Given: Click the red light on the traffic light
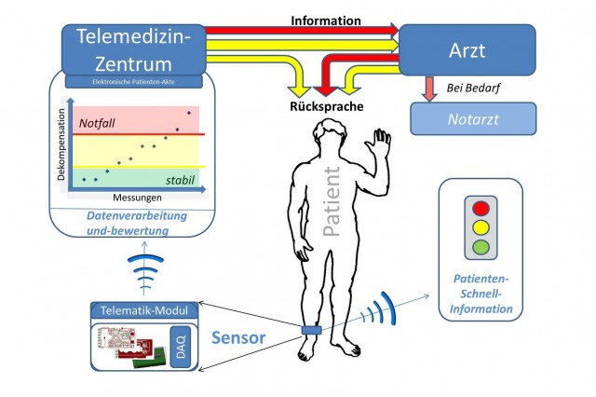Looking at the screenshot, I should (x=481, y=208).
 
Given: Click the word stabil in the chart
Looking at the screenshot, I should (x=181, y=179).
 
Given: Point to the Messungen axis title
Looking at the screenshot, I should (x=137, y=198).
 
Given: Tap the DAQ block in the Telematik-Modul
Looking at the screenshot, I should (x=183, y=347).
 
